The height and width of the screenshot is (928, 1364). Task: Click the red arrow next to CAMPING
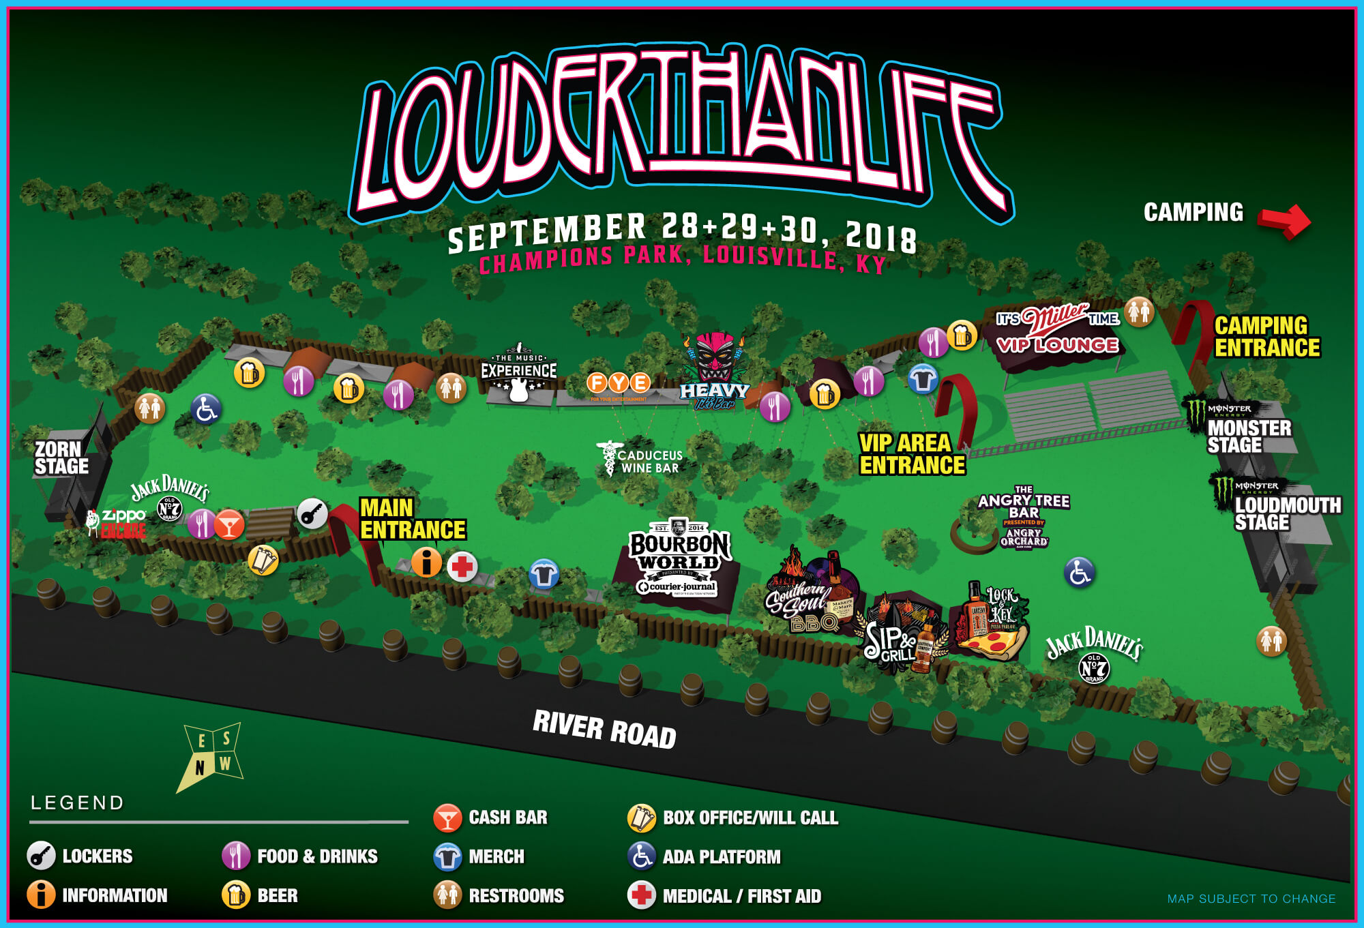tap(1284, 220)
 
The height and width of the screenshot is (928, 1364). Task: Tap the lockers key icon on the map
tap(312, 513)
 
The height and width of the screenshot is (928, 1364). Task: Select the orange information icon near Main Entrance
tap(427, 563)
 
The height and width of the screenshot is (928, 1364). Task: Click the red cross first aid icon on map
tap(462, 567)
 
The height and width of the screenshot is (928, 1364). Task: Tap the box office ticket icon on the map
tap(263, 560)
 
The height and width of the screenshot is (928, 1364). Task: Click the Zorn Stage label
tap(61, 458)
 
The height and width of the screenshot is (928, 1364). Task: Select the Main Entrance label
tap(412, 519)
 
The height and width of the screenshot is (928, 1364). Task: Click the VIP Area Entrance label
tap(911, 454)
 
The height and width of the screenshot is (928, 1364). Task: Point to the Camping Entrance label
tap(1266, 336)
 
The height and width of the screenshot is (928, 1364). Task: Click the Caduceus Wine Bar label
tap(648, 462)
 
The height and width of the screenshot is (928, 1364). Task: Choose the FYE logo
tap(619, 383)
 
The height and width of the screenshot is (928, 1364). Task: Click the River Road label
tap(604, 729)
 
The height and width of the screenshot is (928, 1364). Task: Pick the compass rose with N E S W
tap(212, 755)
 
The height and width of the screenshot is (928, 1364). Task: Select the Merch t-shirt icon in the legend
tap(447, 857)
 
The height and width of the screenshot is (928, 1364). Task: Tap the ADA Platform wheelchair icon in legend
tap(641, 857)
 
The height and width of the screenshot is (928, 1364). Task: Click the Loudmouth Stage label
tap(1286, 513)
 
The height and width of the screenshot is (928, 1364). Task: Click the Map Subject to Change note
tap(1251, 899)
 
